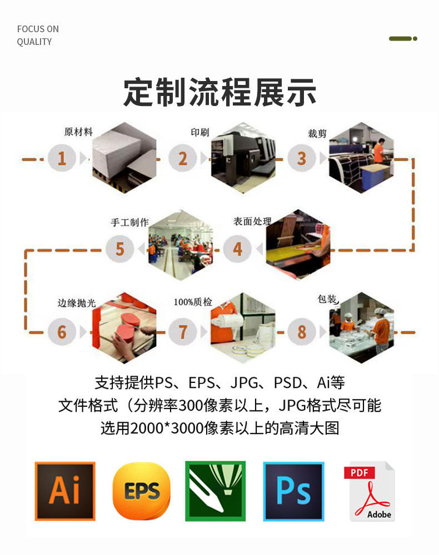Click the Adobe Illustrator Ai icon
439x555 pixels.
click(x=65, y=491)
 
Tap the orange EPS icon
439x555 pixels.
click(x=141, y=491)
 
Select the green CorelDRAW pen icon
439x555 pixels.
click(x=215, y=491)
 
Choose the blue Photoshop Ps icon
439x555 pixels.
click(x=293, y=491)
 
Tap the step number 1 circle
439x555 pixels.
click(x=62, y=159)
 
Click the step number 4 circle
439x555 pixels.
click(x=238, y=249)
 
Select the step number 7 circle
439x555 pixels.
click(x=183, y=332)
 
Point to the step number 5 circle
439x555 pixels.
click(x=119, y=249)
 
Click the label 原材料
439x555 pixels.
click(x=78, y=132)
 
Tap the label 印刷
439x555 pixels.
click(x=199, y=132)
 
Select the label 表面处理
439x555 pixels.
click(x=252, y=221)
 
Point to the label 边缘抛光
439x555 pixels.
click(x=77, y=303)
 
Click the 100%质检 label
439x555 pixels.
click(x=193, y=302)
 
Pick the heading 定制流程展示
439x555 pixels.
click(x=219, y=93)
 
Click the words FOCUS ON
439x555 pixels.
click(x=38, y=29)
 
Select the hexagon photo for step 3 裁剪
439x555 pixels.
click(x=361, y=158)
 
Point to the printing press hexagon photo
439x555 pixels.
click(x=243, y=158)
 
